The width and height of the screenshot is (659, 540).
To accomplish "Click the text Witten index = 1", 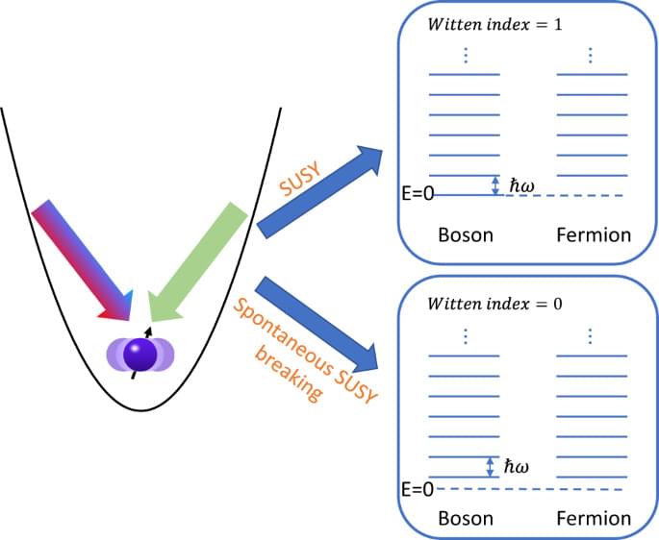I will (487, 24).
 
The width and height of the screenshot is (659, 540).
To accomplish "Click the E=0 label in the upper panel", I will (417, 194).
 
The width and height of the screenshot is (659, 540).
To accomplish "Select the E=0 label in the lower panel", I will (417, 489).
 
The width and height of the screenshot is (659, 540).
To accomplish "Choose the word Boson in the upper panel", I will (466, 234).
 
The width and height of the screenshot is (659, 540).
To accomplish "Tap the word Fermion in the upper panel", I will (593, 234).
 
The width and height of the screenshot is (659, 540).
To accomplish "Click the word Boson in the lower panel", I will (466, 519).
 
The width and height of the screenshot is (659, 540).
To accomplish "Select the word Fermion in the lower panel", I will (593, 519).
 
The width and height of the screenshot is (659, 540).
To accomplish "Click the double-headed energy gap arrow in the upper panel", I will (495, 184).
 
